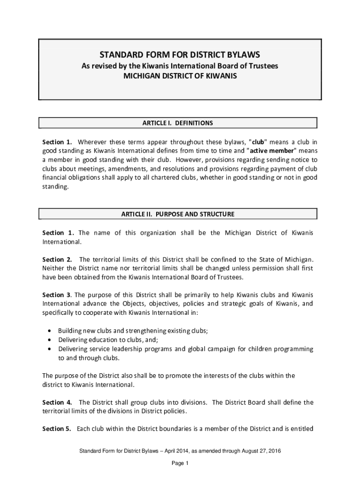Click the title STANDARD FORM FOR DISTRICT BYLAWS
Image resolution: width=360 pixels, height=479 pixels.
click(180, 54)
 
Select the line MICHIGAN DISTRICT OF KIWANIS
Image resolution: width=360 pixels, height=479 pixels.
click(180, 75)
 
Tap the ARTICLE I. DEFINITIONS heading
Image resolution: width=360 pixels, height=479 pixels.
click(178, 123)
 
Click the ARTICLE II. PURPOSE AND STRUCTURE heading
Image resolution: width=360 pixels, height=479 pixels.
click(178, 214)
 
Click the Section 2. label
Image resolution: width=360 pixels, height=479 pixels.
click(57, 260)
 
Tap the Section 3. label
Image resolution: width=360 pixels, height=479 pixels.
click(57, 295)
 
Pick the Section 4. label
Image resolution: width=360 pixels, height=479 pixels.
click(57, 402)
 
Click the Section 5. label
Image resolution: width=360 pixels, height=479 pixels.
click(57, 428)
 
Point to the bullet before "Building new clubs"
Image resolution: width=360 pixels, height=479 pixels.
click(50, 331)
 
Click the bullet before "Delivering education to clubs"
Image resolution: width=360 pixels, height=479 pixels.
click(50, 340)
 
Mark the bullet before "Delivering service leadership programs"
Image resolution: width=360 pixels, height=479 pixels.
click(50, 349)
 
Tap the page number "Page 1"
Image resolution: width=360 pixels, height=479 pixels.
click(180, 464)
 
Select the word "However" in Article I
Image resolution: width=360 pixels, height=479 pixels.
click(189, 160)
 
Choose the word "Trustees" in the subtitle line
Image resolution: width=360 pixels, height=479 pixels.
click(265, 66)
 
